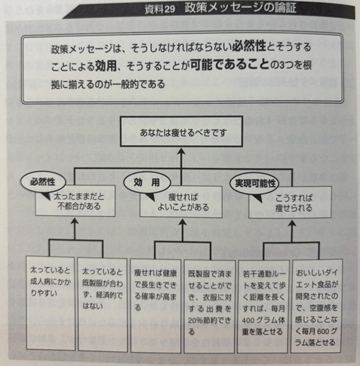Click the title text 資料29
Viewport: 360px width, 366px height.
pos(160,9)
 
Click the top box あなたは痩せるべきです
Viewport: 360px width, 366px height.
pos(182,131)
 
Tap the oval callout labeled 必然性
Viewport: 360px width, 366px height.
pos(43,182)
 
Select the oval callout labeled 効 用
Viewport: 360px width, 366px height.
pos(147,182)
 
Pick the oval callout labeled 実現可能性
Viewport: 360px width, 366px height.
pos(255,184)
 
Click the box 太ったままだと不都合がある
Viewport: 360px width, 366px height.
pos(75,201)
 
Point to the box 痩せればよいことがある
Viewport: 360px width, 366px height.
pos(181,202)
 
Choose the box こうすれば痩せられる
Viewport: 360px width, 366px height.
pos(290,202)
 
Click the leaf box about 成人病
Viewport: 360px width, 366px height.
pos(50,303)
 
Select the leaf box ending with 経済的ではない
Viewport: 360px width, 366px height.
pos(103,304)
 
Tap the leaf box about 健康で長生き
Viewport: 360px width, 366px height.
pos(156,306)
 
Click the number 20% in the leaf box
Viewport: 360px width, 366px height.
pos(196,320)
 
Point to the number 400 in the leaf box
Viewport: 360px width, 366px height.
pos(248,320)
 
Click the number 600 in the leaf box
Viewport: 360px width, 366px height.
pos(323,331)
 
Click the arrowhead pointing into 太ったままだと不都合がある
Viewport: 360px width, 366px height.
pos(75,221)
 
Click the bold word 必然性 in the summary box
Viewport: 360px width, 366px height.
pos(249,46)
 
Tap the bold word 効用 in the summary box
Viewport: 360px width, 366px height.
pos(105,65)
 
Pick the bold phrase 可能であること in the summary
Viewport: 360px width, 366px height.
pos(230,64)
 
